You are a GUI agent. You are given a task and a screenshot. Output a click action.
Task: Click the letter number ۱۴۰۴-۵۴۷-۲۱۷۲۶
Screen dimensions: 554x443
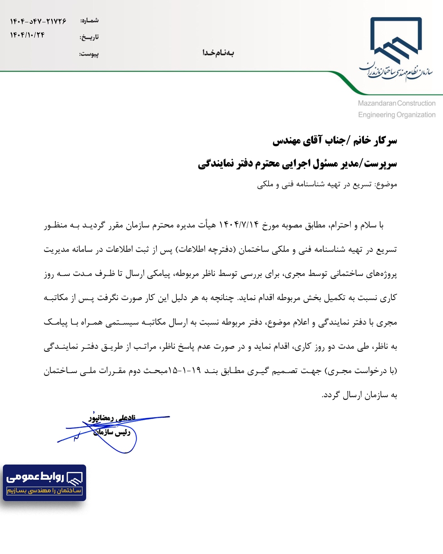tap(38, 21)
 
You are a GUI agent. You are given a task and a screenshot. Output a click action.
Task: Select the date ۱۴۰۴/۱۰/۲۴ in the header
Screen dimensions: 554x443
tap(27, 35)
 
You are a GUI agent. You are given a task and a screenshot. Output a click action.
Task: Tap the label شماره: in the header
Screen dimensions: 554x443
tap(89, 20)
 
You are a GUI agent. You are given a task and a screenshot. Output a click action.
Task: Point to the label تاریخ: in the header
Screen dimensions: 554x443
tap(89, 37)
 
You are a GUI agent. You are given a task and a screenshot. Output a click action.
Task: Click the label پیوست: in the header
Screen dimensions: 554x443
tap(89, 54)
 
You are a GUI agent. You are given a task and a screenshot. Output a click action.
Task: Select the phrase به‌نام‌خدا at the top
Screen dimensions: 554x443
tap(218, 53)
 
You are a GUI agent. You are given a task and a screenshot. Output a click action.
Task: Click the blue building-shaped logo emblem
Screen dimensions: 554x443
tap(396, 40)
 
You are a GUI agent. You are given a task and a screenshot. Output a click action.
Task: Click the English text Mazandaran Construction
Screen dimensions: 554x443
tap(396, 103)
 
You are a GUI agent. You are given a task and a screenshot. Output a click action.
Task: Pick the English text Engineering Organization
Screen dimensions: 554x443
tap(397, 115)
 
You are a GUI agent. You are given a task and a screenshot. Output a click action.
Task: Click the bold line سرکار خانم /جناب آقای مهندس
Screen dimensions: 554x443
tap(335, 141)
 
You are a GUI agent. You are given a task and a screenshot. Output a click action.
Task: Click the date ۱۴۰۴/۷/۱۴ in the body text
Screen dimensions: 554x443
tap(239, 225)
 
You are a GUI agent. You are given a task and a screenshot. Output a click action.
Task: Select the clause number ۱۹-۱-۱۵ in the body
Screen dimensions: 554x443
tap(184, 371)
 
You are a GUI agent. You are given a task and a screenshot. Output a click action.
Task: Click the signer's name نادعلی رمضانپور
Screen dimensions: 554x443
tap(112, 418)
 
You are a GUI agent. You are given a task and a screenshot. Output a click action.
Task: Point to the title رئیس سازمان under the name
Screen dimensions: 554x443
tap(112, 432)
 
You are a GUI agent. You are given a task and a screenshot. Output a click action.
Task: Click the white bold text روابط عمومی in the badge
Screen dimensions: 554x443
tap(35, 476)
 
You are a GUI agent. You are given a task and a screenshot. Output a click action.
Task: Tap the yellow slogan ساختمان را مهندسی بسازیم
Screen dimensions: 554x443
tap(44, 490)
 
